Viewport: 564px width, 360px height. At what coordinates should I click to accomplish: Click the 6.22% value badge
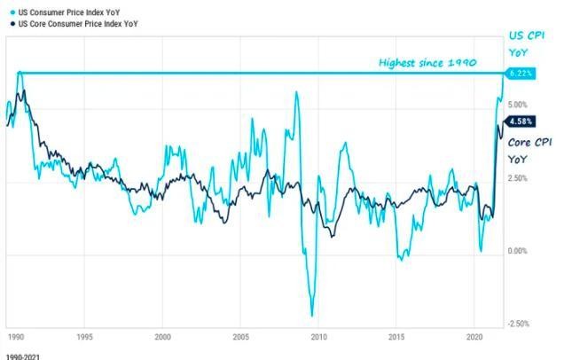[520, 74]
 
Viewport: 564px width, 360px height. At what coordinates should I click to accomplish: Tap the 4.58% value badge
[520, 121]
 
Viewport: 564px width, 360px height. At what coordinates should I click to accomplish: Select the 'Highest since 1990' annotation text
[427, 63]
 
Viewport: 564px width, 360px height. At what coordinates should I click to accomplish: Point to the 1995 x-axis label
[84, 337]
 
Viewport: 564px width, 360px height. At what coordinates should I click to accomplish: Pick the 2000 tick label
[162, 337]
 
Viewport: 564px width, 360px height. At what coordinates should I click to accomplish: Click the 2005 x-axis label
[240, 337]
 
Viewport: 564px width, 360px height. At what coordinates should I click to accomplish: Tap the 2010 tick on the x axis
[318, 337]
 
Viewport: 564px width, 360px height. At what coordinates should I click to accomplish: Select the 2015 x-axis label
[396, 337]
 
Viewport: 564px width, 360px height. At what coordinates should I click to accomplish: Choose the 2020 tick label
[474, 337]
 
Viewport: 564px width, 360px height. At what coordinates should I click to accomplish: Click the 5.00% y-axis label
[520, 105]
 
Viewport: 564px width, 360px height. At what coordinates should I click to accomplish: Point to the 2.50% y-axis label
[520, 178]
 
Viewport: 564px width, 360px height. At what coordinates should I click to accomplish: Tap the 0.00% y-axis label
[520, 251]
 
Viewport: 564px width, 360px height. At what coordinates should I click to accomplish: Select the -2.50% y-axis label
[519, 324]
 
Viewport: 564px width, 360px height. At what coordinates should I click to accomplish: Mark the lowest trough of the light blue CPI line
[311, 315]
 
